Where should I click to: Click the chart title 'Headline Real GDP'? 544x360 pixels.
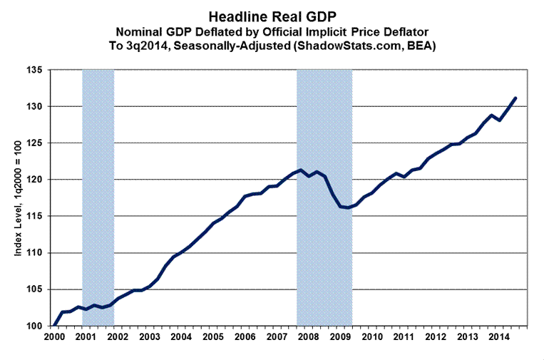tap(272, 14)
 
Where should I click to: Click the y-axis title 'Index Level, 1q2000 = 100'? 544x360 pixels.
tap(23, 198)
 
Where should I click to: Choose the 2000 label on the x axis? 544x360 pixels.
tap(54, 336)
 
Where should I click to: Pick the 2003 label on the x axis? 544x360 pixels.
tap(149, 336)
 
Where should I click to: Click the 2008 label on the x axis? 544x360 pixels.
tap(307, 336)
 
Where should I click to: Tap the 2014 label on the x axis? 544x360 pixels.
tap(498, 336)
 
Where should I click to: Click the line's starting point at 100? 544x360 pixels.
tap(55, 326)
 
